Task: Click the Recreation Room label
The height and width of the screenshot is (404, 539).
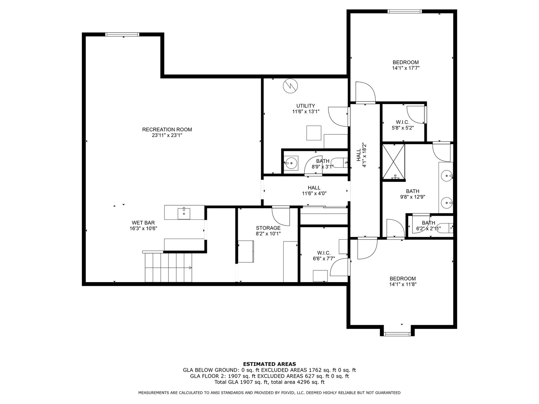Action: [x=167, y=130]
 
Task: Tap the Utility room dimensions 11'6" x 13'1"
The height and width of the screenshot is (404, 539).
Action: [x=306, y=112]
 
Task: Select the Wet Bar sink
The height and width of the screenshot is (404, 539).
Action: [x=184, y=214]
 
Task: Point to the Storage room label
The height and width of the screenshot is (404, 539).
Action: [x=268, y=228]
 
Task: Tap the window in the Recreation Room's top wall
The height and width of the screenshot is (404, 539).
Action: [x=122, y=35]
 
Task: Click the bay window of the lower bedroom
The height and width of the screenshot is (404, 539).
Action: [x=397, y=334]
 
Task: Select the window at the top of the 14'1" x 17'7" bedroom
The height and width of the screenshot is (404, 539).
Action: [x=405, y=11]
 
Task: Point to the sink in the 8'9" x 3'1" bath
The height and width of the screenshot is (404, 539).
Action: [x=291, y=163]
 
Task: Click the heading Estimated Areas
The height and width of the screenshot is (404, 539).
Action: [x=269, y=364]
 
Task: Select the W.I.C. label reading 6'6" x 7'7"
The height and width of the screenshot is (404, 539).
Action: [x=324, y=256]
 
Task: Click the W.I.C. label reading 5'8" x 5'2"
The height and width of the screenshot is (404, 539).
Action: [x=403, y=125]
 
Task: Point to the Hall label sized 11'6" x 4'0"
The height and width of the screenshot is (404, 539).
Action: [x=314, y=191]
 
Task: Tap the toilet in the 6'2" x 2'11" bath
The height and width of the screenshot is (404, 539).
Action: [x=446, y=228]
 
